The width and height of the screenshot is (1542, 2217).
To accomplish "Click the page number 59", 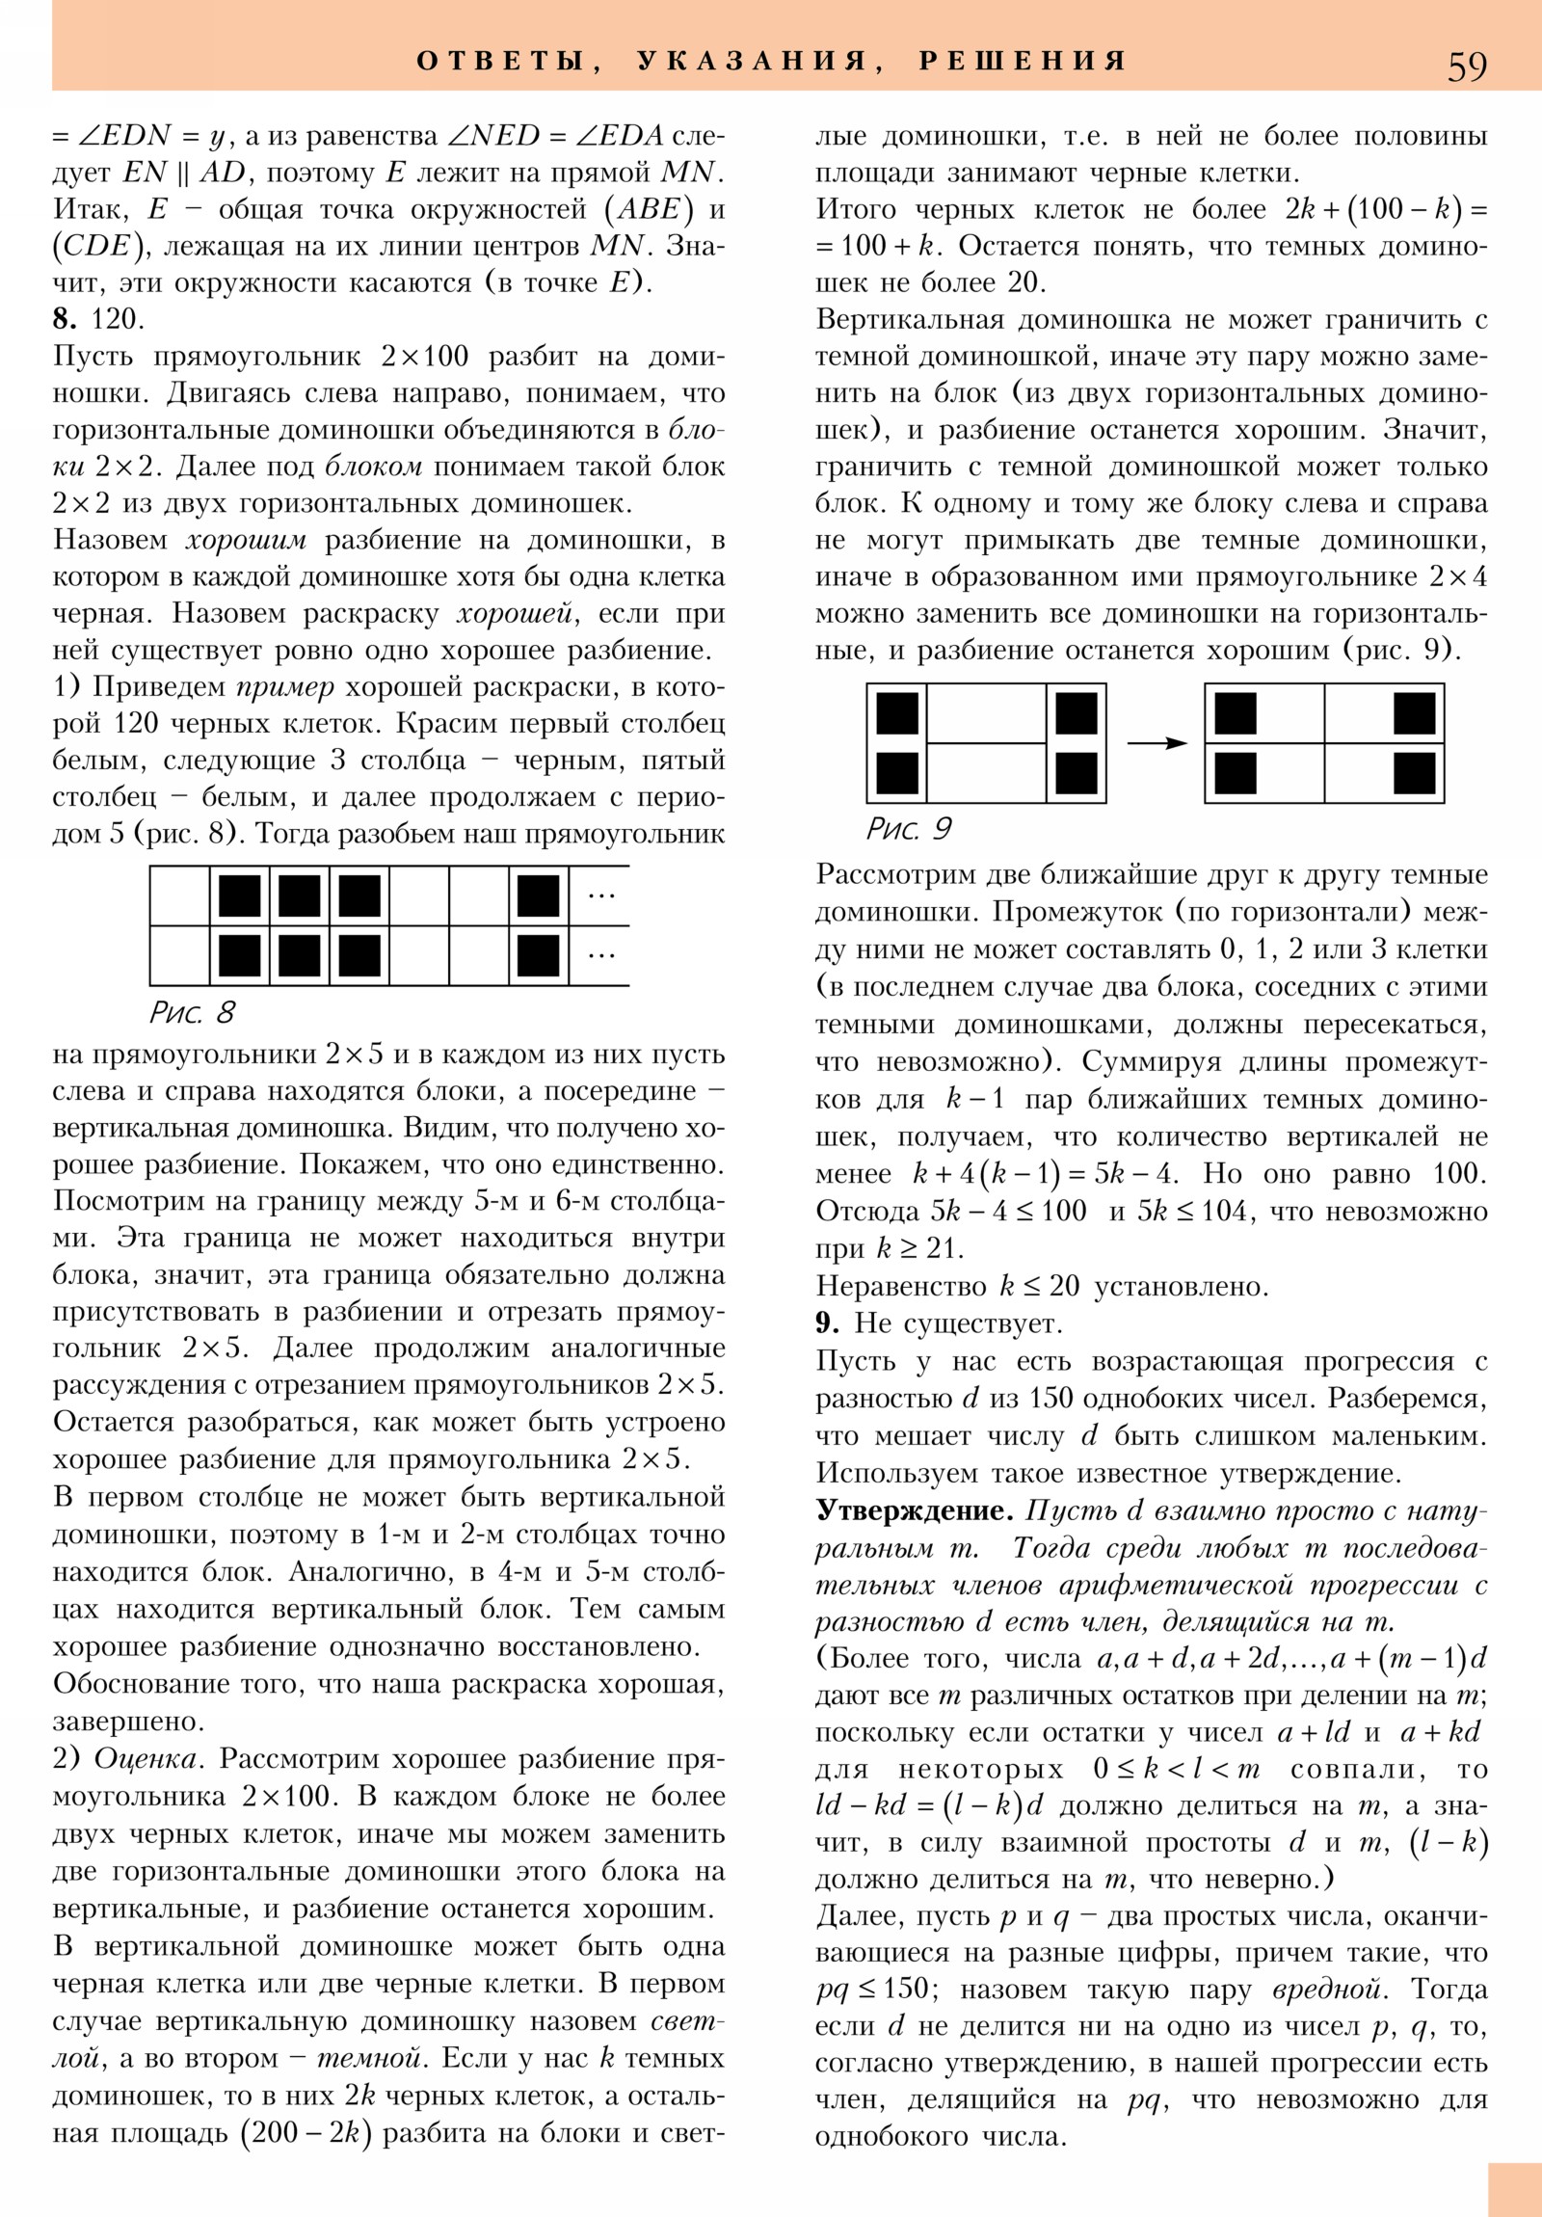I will click(1467, 66).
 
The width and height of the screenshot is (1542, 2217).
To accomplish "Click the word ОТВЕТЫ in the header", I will click(500, 61).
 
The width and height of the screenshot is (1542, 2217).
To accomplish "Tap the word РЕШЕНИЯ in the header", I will click(1023, 61).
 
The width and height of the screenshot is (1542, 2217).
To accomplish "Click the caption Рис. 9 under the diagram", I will click(909, 828).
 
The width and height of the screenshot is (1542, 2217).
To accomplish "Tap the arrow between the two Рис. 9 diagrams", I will click(1156, 742).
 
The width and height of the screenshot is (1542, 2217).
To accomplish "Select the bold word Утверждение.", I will click(914, 1509).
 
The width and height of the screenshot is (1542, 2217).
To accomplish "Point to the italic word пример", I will click(285, 686).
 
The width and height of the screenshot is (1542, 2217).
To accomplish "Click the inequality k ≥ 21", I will click(918, 1248).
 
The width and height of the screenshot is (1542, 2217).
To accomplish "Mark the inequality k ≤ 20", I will click(1039, 1286).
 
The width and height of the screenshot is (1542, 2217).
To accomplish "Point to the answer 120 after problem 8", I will click(117, 319).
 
